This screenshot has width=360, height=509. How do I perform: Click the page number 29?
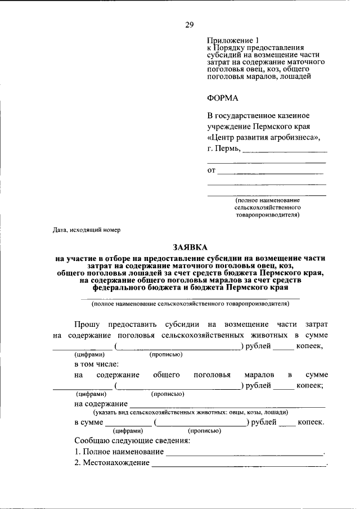[190, 24]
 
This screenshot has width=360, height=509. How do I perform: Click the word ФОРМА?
[223, 98]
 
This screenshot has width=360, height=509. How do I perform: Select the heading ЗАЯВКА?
[190, 247]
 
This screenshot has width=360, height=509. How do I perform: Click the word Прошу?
[88, 325]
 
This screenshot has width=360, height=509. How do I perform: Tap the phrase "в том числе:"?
[96, 364]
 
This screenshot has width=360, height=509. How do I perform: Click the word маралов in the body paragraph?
[259, 375]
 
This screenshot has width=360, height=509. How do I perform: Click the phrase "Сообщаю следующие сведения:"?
[132, 440]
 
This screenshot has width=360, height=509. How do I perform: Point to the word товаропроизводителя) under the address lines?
[267, 214]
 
